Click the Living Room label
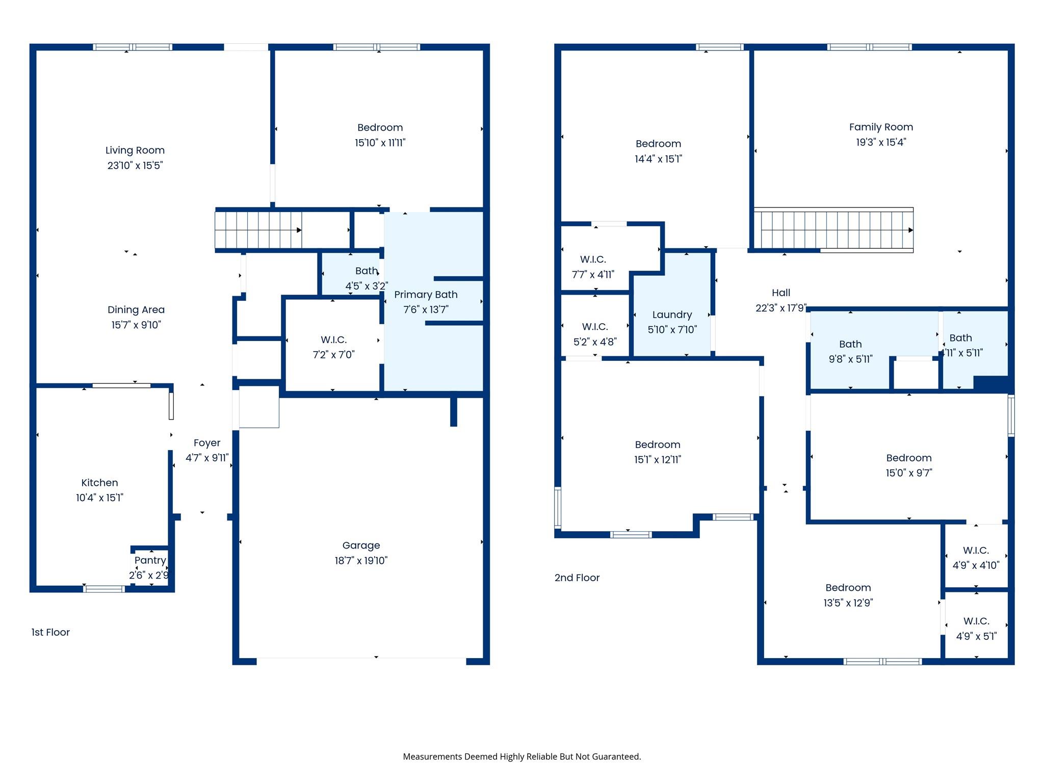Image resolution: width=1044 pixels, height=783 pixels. (135, 150)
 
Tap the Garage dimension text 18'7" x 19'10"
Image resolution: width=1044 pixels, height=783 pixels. (361, 561)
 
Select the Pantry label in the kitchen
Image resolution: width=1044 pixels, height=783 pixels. (150, 560)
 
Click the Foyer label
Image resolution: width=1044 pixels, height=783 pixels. (207, 443)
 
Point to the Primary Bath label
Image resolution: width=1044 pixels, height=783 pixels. (426, 295)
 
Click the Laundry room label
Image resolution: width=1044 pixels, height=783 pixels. (672, 315)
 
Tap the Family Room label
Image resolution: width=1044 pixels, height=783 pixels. (881, 127)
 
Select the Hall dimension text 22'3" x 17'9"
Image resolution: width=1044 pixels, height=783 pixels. (780, 308)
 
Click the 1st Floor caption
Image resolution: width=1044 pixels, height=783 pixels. (50, 632)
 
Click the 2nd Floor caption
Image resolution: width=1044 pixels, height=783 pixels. (577, 578)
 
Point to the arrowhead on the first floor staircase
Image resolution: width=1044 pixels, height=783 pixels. (299, 230)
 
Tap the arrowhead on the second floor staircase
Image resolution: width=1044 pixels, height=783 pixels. (910, 230)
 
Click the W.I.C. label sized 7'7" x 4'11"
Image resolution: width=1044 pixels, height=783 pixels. (593, 259)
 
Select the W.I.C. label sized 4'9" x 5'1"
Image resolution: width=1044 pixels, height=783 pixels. (976, 621)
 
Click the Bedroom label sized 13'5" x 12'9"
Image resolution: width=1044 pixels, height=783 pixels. (848, 588)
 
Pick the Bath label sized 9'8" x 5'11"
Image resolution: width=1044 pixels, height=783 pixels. (850, 344)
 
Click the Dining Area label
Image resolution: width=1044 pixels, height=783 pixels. (136, 310)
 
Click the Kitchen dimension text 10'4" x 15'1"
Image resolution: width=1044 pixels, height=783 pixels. (99, 498)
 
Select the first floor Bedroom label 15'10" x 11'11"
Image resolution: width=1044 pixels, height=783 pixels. (380, 127)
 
